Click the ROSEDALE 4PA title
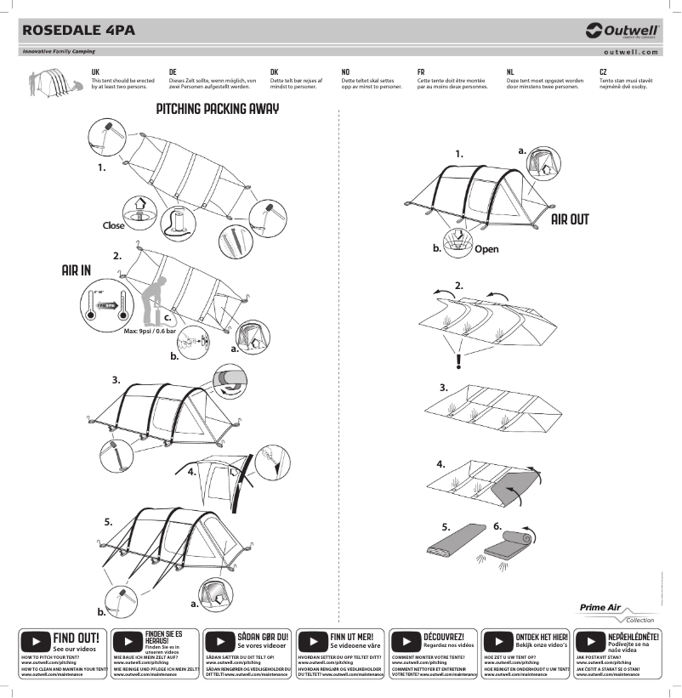point(78,30)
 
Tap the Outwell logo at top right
point(622,31)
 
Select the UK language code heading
point(95,73)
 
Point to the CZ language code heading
point(603,73)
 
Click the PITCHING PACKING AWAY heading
point(218,110)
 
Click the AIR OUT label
point(569,219)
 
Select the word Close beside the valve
point(113,225)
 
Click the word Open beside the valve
point(486,249)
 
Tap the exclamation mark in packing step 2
point(458,360)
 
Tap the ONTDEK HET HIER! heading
point(542,636)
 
